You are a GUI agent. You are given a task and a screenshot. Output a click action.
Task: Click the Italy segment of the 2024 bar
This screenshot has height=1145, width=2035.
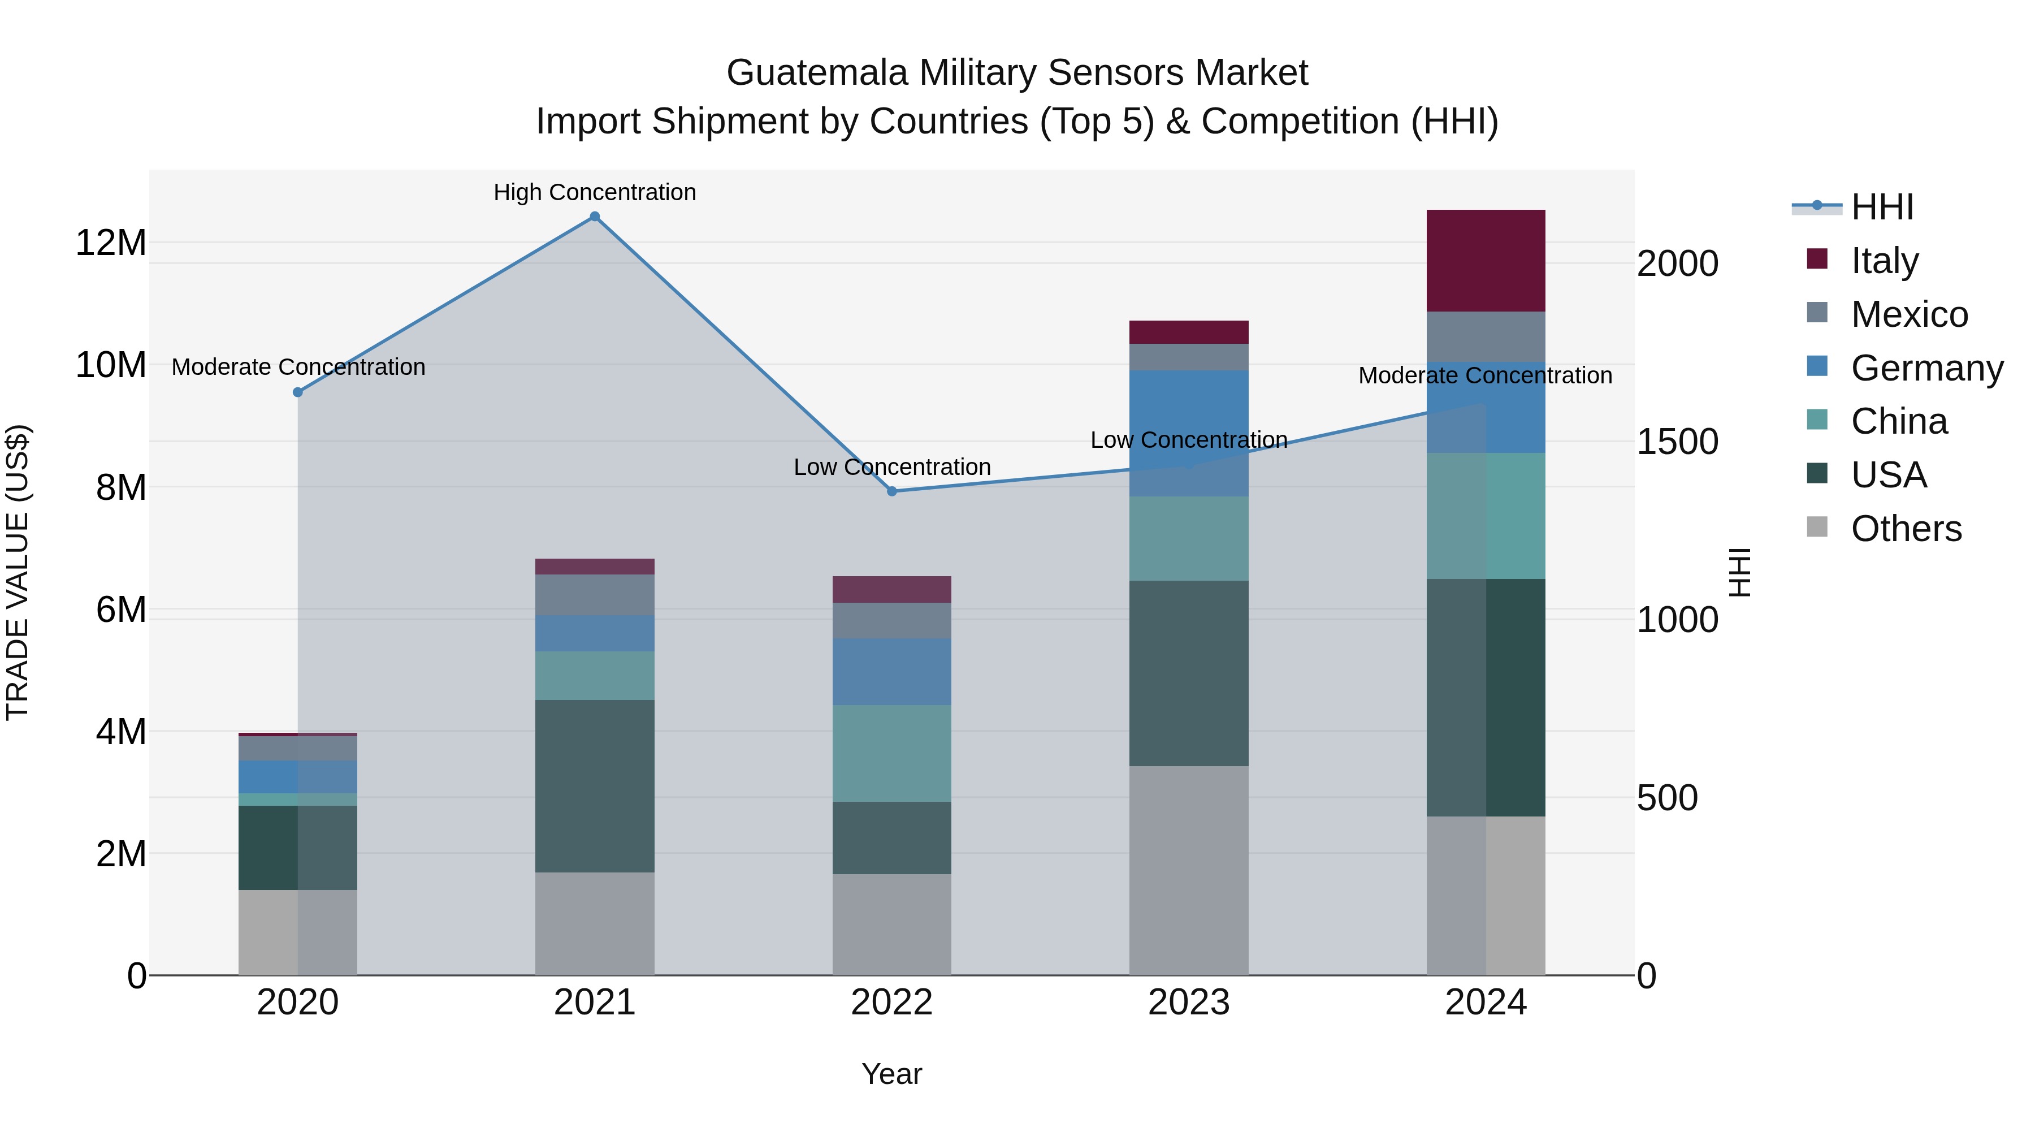click(1485, 260)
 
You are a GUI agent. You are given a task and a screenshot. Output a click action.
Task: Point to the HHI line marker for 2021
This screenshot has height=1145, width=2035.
click(594, 217)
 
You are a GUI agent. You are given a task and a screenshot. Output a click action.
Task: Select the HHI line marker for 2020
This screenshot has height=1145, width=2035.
click(298, 392)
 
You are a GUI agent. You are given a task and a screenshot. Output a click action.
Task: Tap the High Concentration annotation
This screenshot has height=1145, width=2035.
click(594, 192)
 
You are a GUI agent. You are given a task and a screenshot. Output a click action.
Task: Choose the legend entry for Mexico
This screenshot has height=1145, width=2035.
click(1908, 314)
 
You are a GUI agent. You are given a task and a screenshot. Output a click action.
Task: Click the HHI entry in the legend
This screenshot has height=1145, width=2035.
click(1882, 207)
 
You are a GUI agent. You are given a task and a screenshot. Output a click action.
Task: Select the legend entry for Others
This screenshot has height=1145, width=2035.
click(1906, 529)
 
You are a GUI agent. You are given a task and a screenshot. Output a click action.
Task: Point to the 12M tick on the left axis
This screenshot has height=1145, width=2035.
click(111, 243)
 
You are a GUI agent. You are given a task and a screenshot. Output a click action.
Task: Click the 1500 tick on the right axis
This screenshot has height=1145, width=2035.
click(1677, 441)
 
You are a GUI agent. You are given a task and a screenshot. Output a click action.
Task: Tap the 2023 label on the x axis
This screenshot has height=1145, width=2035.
click(1188, 1003)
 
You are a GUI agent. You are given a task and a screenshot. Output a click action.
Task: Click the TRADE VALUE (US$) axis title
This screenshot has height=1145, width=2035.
click(18, 572)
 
